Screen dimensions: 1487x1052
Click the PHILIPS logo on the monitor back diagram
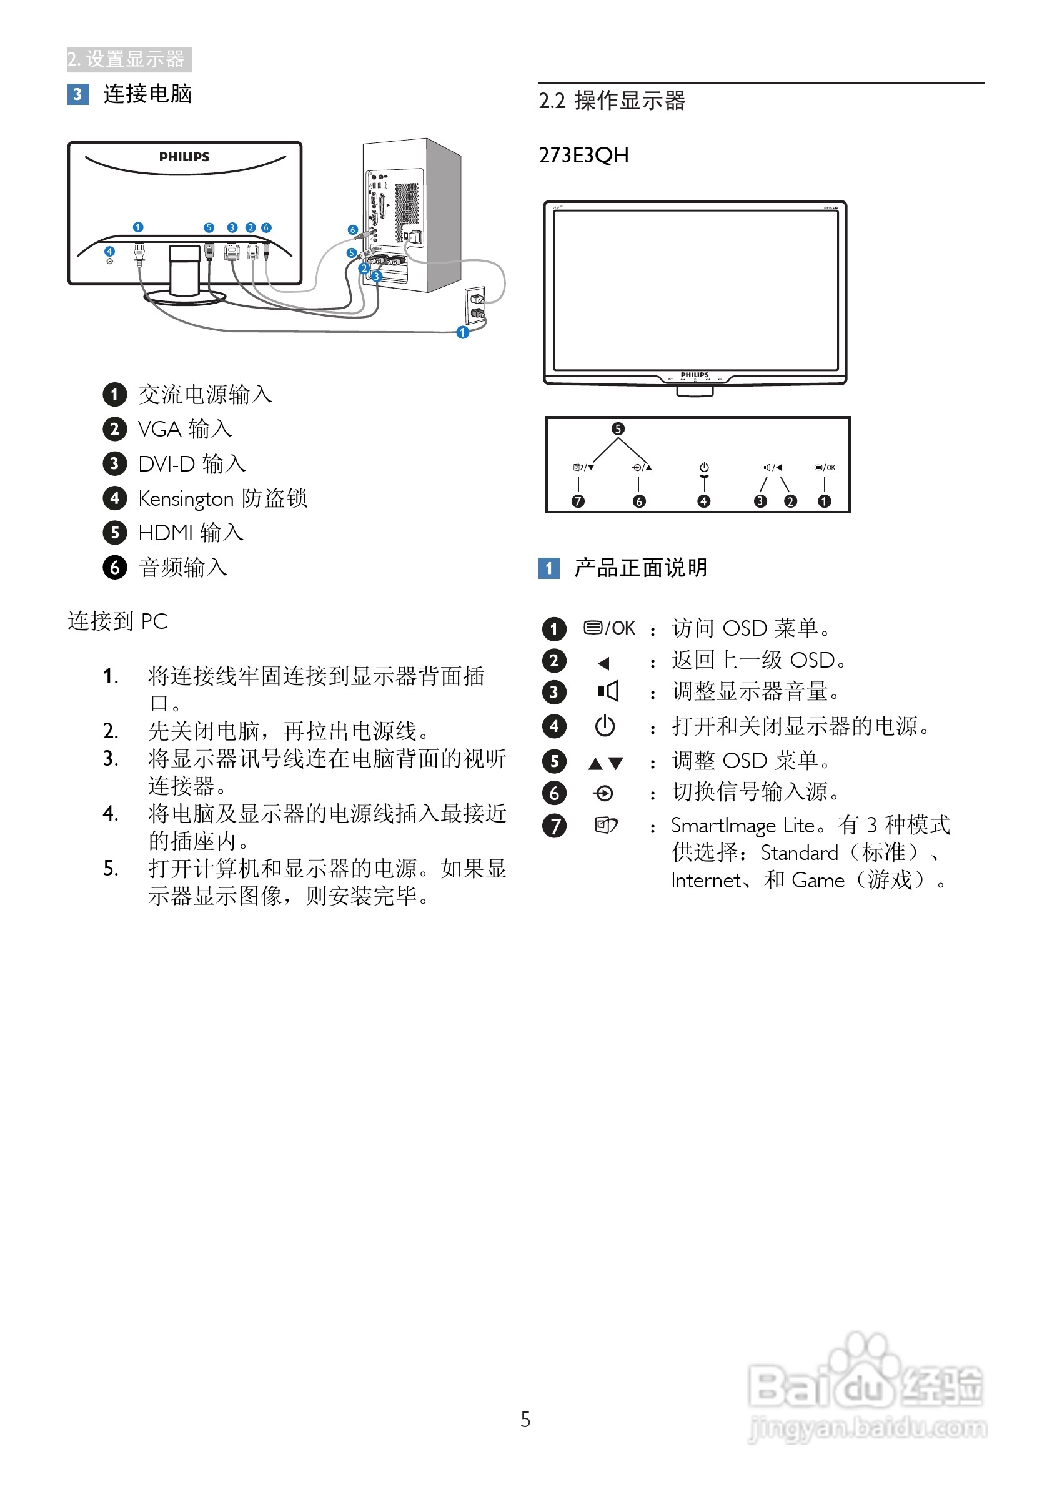pyautogui.click(x=184, y=157)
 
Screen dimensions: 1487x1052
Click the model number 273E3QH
pyautogui.click(x=583, y=156)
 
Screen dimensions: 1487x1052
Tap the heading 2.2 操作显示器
pyautogui.click(x=612, y=101)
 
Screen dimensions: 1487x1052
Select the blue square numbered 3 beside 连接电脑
pyautogui.click(x=77, y=94)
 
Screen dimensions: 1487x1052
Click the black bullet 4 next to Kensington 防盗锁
pyautogui.click(x=115, y=498)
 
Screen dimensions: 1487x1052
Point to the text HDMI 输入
pyautogui.click(x=191, y=533)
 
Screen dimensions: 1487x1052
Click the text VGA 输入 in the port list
pyautogui.click(x=185, y=429)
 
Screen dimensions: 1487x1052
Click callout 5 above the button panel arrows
pyautogui.click(x=618, y=429)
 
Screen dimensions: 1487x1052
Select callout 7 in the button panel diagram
pyautogui.click(x=578, y=501)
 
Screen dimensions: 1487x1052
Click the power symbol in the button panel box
pyautogui.click(x=704, y=467)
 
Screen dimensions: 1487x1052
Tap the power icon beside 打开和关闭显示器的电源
pyautogui.click(x=604, y=726)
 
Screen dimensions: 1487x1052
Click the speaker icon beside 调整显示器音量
pyautogui.click(x=608, y=692)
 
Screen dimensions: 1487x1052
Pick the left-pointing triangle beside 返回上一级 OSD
pyautogui.click(x=603, y=663)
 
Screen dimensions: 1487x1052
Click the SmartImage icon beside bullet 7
pyautogui.click(x=606, y=825)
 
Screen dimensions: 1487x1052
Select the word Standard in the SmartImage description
pyautogui.click(x=800, y=853)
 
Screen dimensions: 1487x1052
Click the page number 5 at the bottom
pyautogui.click(x=525, y=1420)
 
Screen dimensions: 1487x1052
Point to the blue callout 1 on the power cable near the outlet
pyautogui.click(x=462, y=332)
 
